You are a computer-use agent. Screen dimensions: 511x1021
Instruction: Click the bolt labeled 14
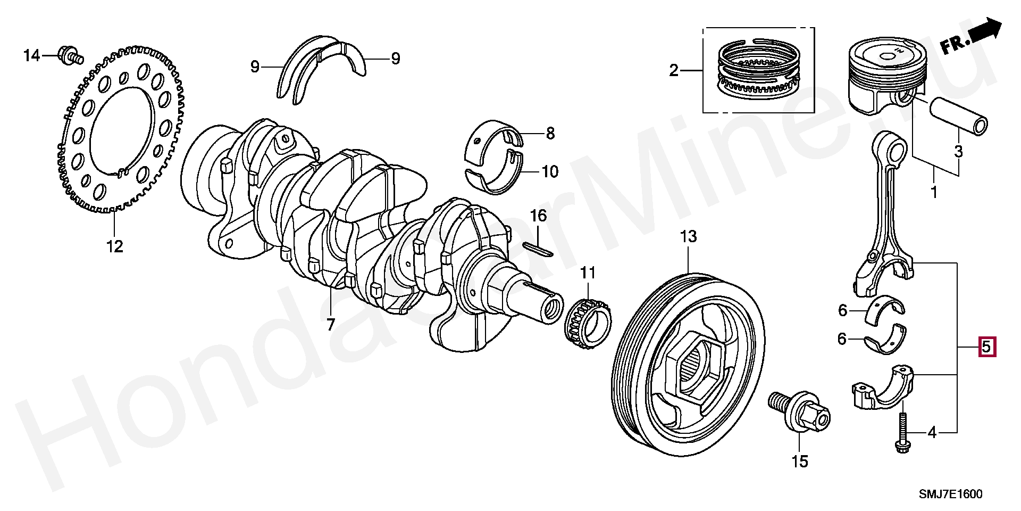[x=69, y=55]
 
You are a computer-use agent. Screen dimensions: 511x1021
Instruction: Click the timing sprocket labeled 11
[x=587, y=324]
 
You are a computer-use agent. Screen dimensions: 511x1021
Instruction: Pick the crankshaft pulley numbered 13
[x=689, y=362]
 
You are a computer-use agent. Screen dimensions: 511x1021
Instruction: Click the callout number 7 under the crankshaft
[x=330, y=323]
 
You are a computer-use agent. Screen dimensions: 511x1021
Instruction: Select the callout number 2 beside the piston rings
[x=674, y=70]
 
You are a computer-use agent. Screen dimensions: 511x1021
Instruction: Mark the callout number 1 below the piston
[x=934, y=191]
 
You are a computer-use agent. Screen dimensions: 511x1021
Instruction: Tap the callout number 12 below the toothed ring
[x=114, y=246]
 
